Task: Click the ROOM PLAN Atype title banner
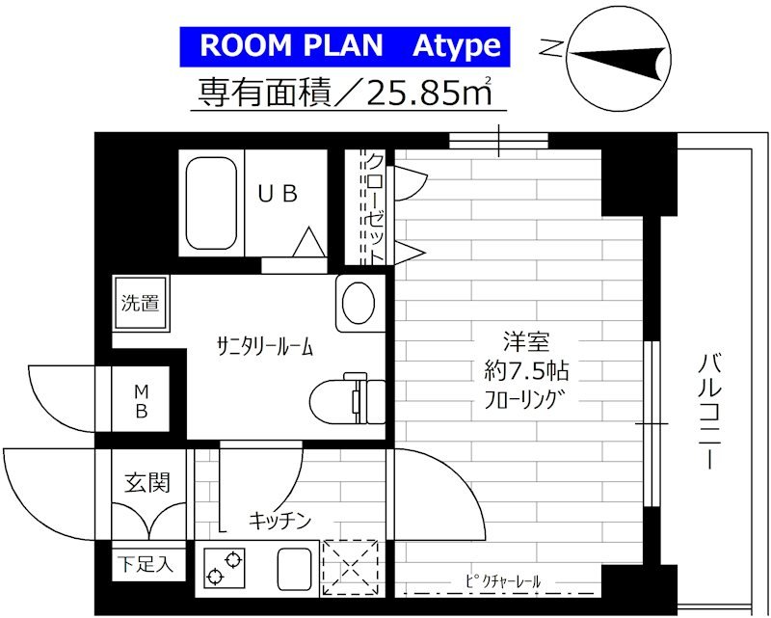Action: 342,45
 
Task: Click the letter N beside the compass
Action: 550,46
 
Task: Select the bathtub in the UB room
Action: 211,201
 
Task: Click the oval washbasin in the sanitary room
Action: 359,303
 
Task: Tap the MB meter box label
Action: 141,402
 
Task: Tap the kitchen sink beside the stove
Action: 289,568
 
